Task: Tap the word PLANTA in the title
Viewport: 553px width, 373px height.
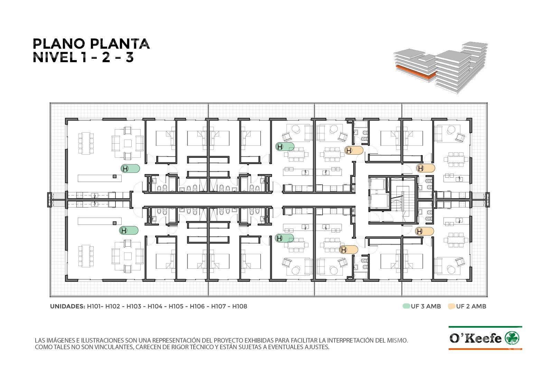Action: pos(120,44)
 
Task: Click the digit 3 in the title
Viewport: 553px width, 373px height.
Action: pos(130,58)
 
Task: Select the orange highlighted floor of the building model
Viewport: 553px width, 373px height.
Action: pos(415,72)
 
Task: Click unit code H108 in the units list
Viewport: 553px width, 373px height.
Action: pos(240,306)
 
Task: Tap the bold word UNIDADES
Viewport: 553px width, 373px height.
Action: pos(67,306)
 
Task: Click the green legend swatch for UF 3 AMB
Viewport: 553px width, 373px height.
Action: pos(406,306)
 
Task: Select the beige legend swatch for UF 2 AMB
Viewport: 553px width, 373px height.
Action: pos(451,306)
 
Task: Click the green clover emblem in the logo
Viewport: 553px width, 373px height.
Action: pos(512,338)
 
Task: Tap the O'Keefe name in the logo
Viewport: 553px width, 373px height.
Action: pos(476,338)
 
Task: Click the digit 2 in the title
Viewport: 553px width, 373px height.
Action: pos(106,58)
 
